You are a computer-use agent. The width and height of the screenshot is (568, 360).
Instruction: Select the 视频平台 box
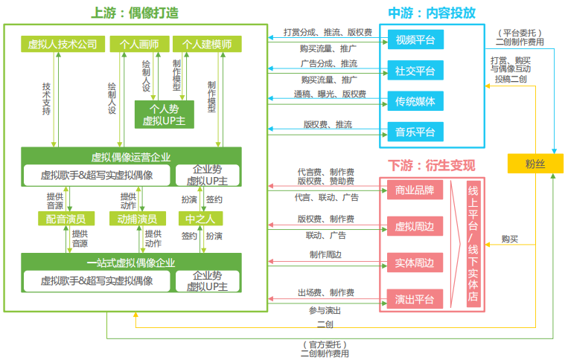pyautogui.click(x=415, y=39)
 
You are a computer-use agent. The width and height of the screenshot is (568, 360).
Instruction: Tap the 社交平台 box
pyautogui.click(x=415, y=71)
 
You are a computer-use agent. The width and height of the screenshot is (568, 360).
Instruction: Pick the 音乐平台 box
pyautogui.click(x=415, y=133)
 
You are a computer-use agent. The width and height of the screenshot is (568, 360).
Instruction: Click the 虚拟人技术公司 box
pyautogui.click(x=63, y=45)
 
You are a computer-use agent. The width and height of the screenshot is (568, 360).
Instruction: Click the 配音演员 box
pyautogui.click(x=67, y=219)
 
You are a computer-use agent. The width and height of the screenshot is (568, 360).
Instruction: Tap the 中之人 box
pyautogui.click(x=200, y=219)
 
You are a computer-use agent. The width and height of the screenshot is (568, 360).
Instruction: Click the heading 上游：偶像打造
pyautogui.click(x=135, y=13)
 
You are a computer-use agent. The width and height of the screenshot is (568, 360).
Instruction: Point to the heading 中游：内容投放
pyautogui.click(x=432, y=13)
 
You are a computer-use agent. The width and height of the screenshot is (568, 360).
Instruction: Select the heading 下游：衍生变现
pyautogui.click(x=432, y=164)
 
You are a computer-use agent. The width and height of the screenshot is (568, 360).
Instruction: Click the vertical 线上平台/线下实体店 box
pyautogui.click(x=471, y=244)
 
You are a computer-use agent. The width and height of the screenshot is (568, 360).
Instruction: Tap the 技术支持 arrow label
pyautogui.click(x=47, y=98)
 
